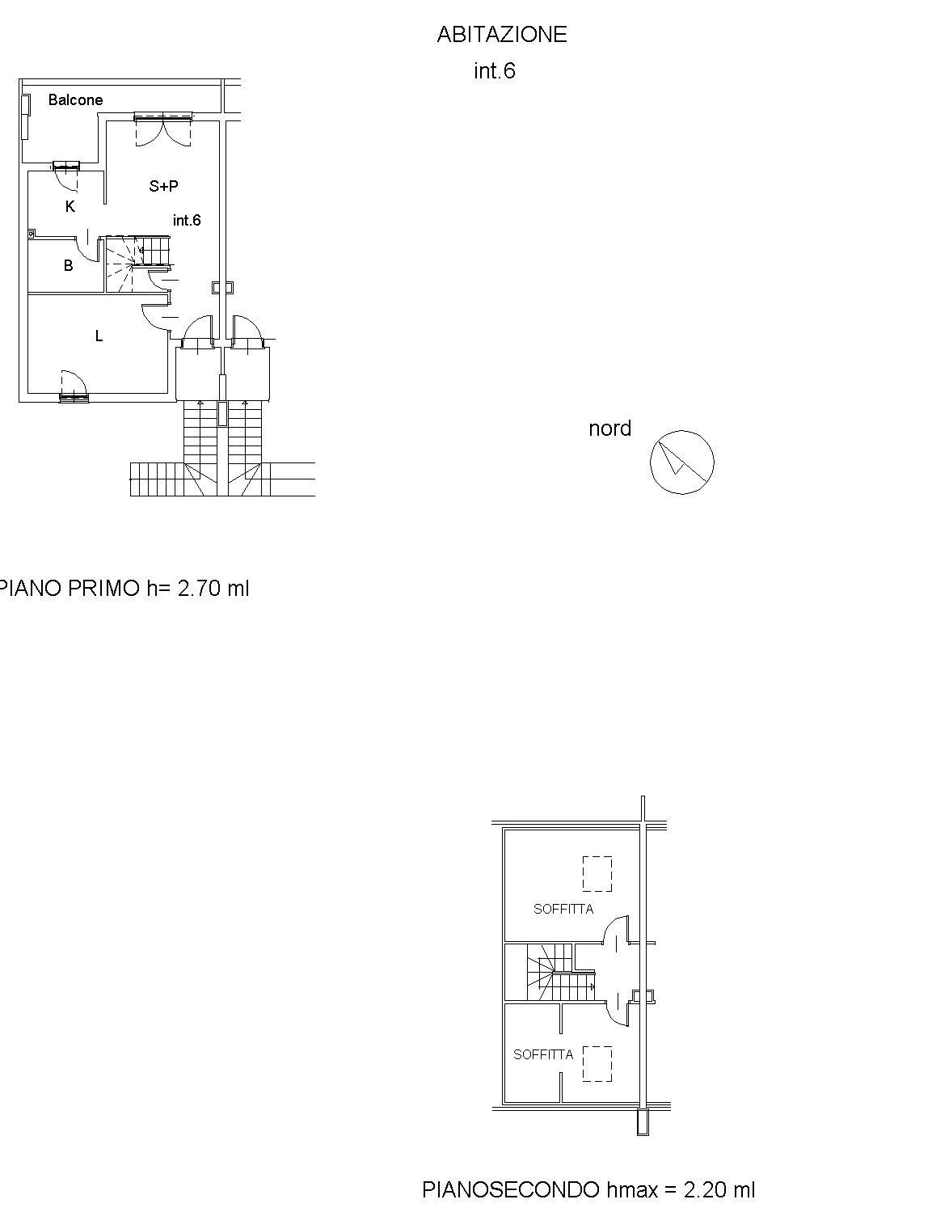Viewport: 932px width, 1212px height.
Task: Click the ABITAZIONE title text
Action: point(502,35)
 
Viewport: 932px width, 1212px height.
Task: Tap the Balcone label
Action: point(75,99)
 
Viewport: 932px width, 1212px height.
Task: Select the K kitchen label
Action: point(70,206)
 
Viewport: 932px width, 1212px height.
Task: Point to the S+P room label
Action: point(163,186)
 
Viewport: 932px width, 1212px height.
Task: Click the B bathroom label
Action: point(68,265)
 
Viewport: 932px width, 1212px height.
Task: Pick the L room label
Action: point(99,336)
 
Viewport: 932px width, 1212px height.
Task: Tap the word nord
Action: point(609,429)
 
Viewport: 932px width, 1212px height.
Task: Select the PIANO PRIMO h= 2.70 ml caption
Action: point(124,588)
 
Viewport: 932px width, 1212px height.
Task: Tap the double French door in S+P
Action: point(162,129)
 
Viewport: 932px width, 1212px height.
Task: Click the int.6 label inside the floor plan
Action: point(187,220)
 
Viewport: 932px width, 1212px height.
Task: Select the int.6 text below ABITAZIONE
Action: point(495,71)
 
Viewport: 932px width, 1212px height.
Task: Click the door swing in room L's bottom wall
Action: point(74,386)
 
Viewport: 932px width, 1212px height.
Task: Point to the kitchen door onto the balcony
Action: point(66,175)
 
